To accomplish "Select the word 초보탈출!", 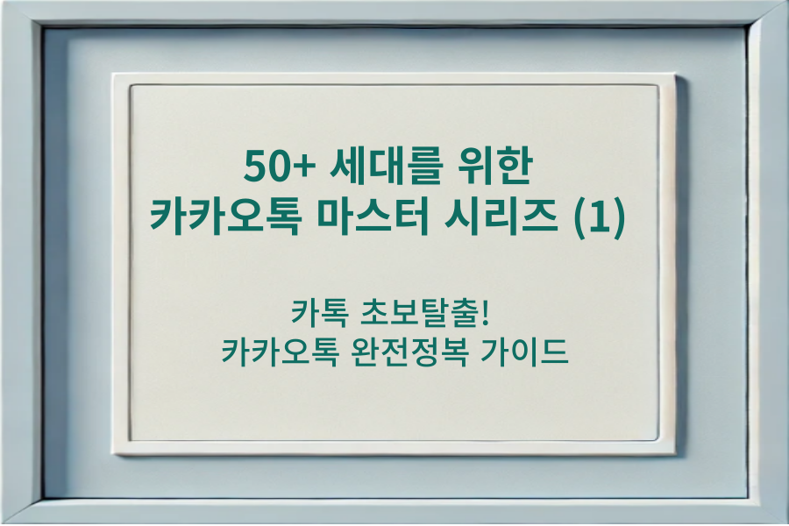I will (430, 313).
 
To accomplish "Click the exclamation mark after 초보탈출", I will (496, 313).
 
